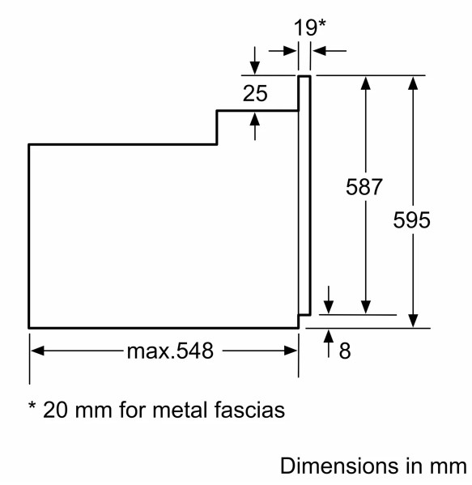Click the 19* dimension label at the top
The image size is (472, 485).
(309, 28)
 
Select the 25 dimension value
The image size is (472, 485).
(255, 93)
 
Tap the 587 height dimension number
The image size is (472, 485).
(364, 187)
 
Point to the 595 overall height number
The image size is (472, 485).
(412, 220)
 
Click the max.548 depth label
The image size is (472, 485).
(170, 351)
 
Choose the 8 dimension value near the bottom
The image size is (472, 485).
(345, 351)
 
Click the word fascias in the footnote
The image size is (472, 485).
(249, 410)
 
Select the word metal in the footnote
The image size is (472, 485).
(180, 410)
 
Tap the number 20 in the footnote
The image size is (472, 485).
(55, 411)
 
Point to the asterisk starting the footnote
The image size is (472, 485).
(32, 406)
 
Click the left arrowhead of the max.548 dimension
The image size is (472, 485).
(37, 351)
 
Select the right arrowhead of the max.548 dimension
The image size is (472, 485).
(291, 351)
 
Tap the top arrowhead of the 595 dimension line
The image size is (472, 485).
(413, 83)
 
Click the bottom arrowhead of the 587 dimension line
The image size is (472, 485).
(366, 307)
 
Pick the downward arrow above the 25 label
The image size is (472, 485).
(254, 60)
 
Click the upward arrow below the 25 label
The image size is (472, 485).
(254, 126)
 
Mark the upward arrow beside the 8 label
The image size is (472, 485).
(329, 343)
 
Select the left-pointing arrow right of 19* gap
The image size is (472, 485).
(330, 50)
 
